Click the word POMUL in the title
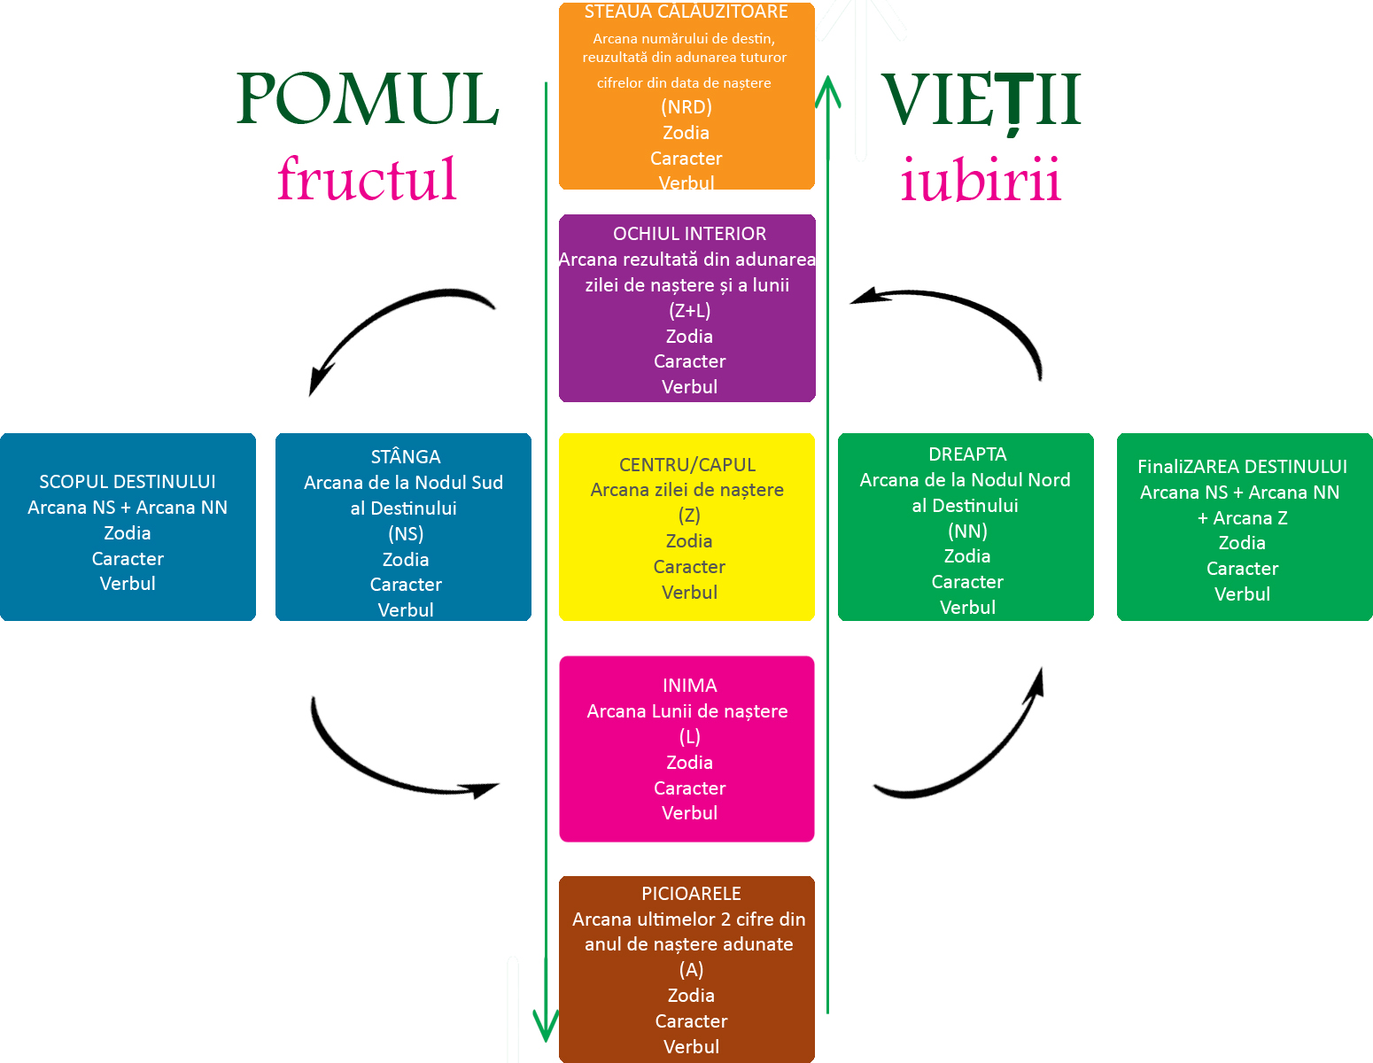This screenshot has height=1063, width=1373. tap(368, 99)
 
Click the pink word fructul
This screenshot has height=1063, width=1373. tap(367, 179)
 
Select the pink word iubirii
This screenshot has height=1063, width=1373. tap(980, 180)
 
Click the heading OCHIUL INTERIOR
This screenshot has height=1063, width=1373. tap(689, 234)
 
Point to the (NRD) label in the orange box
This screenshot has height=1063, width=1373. tap(686, 107)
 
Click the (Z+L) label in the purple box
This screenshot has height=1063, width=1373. tap(689, 311)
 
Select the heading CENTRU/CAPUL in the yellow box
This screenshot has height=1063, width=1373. tap(687, 465)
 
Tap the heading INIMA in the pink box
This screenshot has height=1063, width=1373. tap(689, 686)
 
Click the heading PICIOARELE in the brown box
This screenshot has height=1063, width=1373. tap(691, 894)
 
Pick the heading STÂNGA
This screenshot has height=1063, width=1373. tap(406, 457)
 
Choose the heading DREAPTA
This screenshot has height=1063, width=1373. tap(967, 454)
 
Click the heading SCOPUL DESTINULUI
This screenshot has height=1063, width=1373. tap(128, 482)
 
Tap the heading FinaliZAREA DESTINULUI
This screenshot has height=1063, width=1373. tap(1242, 467)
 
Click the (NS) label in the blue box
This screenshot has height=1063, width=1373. tap(406, 534)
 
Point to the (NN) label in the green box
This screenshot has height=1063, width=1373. tap(967, 531)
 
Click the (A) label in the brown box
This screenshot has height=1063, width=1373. tap(691, 970)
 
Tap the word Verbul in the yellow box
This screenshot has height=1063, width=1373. tap(689, 593)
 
